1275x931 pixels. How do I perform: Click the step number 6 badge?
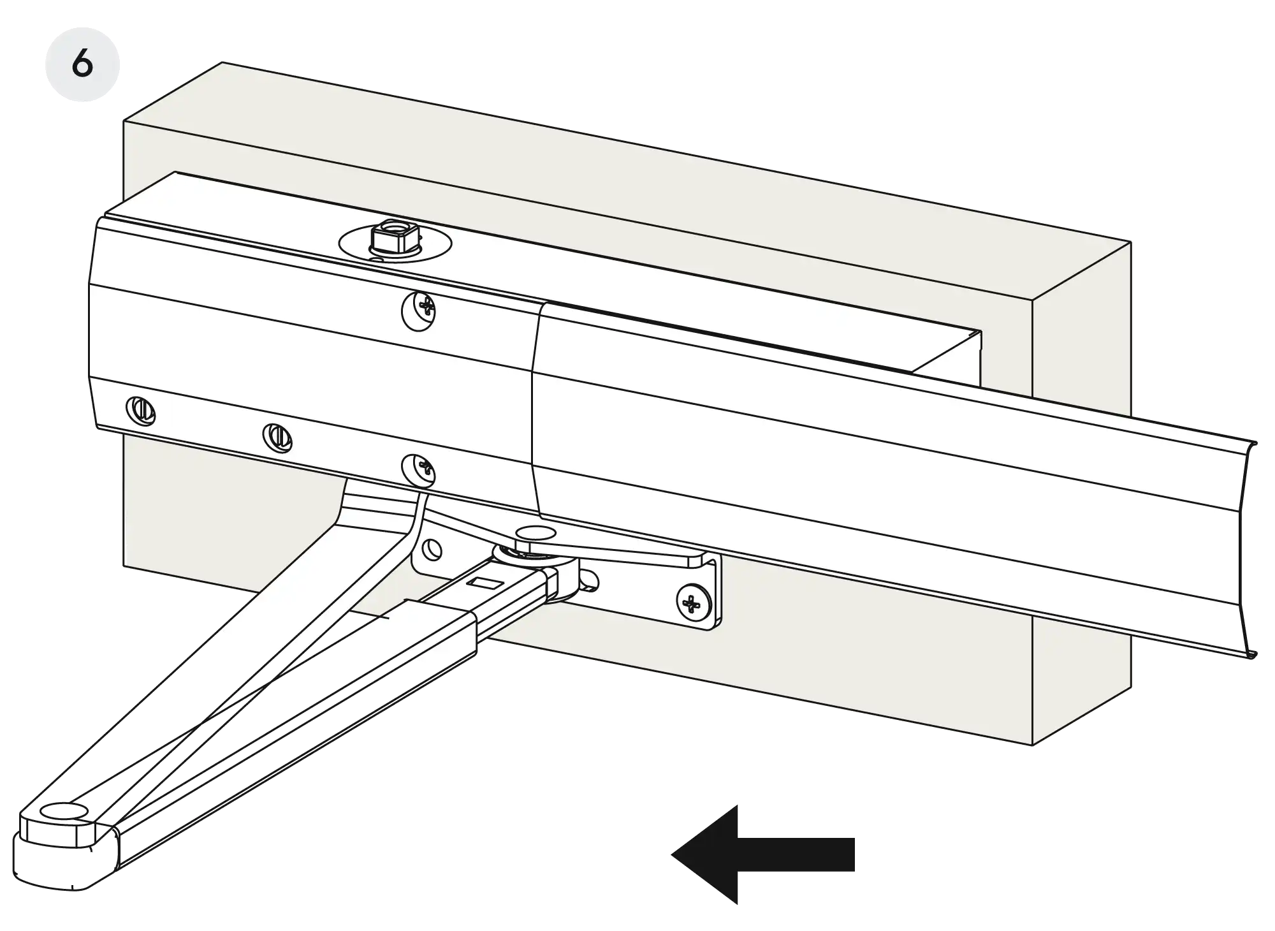tap(82, 64)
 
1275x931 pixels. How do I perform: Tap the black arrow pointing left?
tap(762, 854)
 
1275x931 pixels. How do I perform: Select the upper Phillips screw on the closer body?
tap(418, 311)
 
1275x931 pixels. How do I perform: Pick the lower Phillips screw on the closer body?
tap(418, 471)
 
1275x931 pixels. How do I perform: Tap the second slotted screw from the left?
tap(277, 437)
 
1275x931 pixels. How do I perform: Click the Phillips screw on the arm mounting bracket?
tap(693, 602)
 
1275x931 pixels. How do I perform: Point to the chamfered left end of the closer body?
tap(93, 325)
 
